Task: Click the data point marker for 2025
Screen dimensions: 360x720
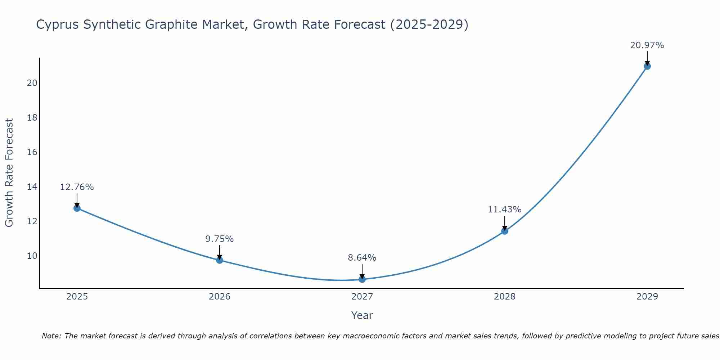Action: [77, 208]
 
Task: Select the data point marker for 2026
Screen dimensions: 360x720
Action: [220, 260]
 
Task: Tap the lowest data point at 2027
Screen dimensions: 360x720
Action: [362, 279]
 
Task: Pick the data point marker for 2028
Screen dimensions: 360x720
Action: [505, 231]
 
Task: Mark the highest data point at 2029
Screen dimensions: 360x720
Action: [647, 66]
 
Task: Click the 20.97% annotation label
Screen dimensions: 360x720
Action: [647, 45]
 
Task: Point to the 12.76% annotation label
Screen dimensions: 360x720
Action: [77, 187]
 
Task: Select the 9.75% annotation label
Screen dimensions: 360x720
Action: [220, 239]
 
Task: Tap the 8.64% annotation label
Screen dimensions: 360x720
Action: [362, 258]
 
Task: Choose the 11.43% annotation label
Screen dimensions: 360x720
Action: [504, 210]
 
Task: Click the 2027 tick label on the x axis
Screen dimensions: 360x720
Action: [362, 297]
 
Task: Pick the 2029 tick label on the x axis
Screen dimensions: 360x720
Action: [647, 297]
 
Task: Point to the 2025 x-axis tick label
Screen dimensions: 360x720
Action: [77, 297]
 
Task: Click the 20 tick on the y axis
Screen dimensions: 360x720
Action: [32, 83]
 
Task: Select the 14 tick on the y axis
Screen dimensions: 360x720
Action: [32, 187]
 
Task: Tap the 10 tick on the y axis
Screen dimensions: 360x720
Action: [32, 256]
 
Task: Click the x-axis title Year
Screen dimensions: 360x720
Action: [362, 315]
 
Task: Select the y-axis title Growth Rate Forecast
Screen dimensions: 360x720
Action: [9, 173]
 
